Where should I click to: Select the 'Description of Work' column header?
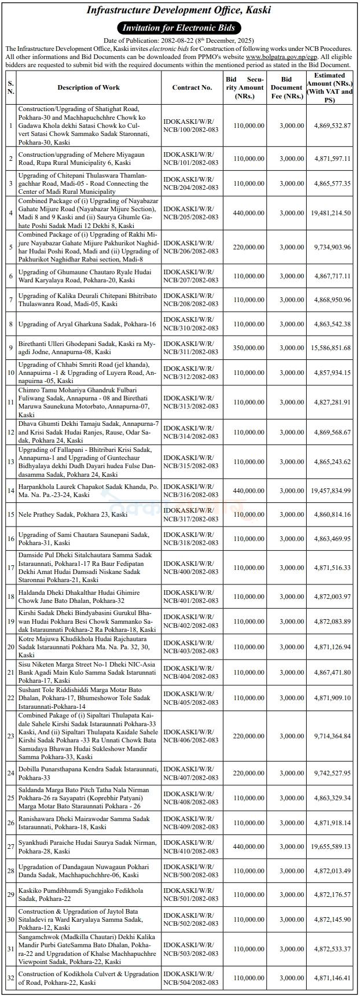[x=89, y=87]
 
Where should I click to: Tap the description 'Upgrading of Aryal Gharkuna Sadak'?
[x=87, y=324]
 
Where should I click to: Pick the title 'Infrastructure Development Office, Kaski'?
[x=179, y=10]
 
